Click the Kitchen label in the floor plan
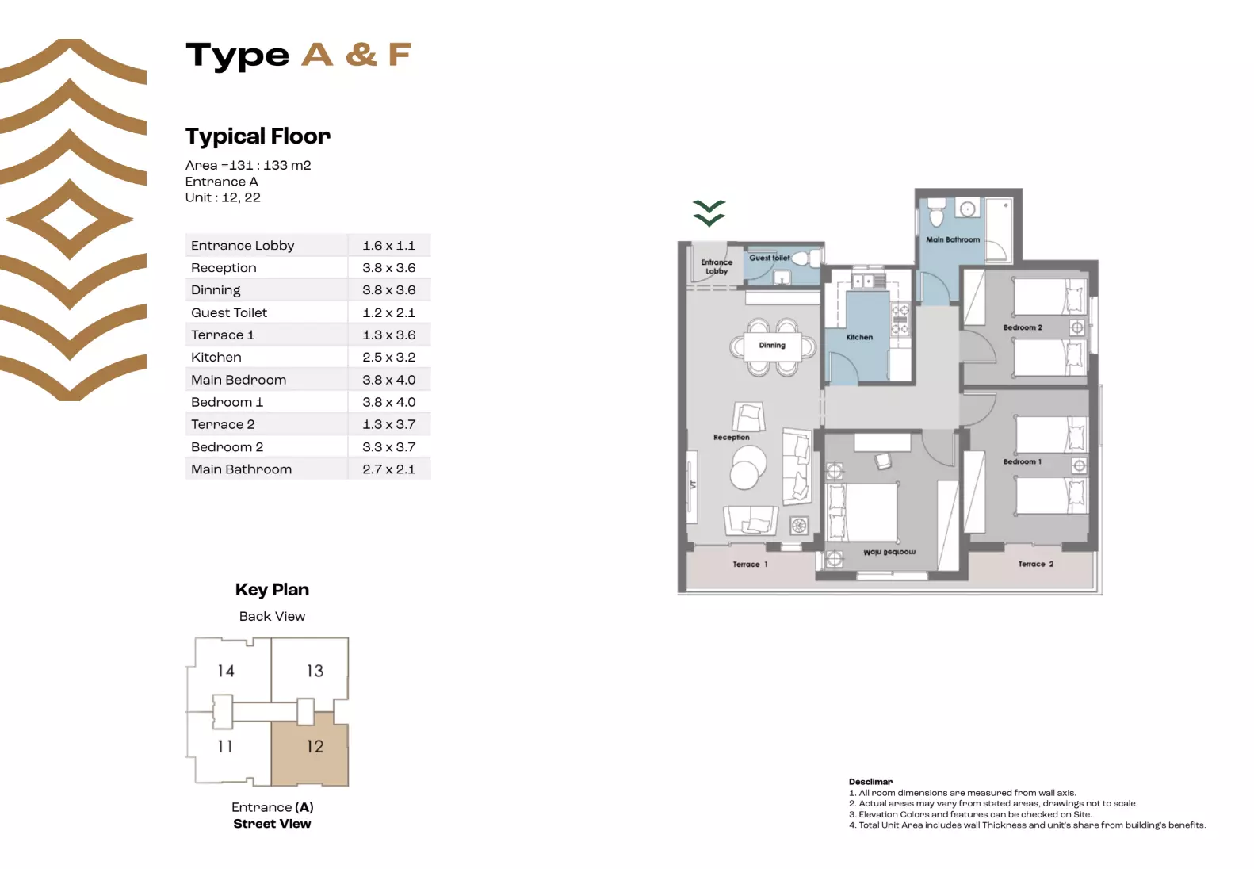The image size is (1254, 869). pos(859,337)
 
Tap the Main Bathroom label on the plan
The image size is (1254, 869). pos(953,239)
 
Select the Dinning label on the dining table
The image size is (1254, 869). pos(772,346)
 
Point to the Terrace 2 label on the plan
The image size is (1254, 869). pos(1035,565)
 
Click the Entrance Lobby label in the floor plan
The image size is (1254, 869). pos(717,266)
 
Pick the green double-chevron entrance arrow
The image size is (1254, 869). pos(709,213)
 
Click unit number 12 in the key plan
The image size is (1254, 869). pos(315,746)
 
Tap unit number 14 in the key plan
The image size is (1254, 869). pos(226,672)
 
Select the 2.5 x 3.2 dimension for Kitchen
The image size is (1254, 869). pos(388,358)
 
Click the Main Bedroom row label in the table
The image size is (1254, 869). pos(239,380)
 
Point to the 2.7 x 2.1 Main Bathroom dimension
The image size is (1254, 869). pos(388,469)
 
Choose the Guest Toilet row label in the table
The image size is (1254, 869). pos(229,312)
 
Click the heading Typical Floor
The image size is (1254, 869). pos(258,136)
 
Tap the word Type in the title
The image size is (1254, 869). pos(237,56)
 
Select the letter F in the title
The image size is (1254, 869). pos(400,55)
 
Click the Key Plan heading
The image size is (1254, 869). pos(272,590)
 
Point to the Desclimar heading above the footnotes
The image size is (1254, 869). pos(870,782)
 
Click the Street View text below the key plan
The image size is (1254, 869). pos(272,824)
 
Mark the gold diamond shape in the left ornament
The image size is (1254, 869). pos(70,220)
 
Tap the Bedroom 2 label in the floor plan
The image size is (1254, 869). pos(1023,327)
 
